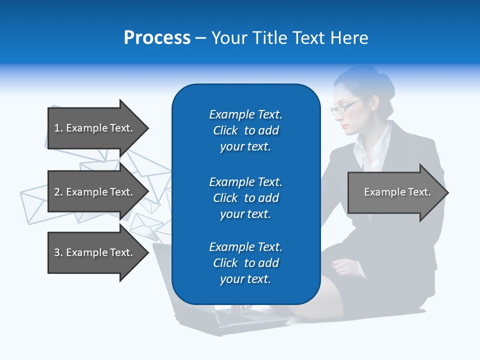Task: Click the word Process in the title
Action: [157, 37]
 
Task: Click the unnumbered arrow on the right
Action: [395, 192]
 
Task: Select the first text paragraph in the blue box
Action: [245, 130]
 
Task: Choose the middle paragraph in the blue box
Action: [245, 198]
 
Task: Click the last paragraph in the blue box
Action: [245, 263]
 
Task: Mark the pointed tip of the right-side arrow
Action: [447, 192]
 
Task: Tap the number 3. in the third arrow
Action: [58, 252]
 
